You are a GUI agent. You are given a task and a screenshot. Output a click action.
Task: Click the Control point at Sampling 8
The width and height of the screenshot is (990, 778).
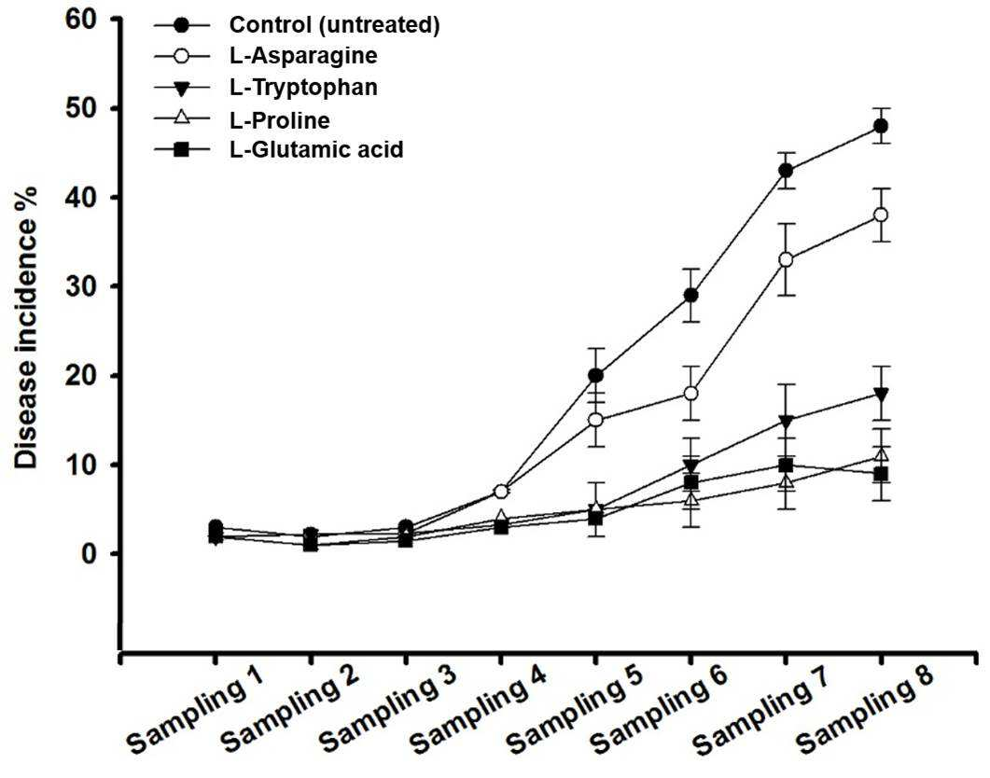click(x=881, y=126)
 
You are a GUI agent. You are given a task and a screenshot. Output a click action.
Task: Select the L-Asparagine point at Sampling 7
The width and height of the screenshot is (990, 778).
click(x=786, y=259)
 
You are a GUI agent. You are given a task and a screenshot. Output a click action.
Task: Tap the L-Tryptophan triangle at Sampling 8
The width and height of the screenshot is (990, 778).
click(x=881, y=395)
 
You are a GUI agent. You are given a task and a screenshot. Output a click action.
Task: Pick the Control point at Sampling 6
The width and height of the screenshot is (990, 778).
click(x=691, y=296)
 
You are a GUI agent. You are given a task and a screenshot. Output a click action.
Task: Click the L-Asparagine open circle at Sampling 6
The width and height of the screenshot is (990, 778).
click(x=691, y=393)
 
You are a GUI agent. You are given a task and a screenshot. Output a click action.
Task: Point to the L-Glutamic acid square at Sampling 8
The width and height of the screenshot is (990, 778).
click(x=881, y=474)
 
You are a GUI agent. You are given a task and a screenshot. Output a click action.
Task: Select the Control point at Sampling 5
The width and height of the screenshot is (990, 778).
click(x=595, y=375)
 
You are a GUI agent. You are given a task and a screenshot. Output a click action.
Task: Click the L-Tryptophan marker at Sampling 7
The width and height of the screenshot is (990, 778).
click(x=786, y=421)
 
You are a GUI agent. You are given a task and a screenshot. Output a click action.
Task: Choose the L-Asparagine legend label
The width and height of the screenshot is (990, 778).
click(x=303, y=56)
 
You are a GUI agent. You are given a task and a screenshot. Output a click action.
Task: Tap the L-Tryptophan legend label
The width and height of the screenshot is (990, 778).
click(x=303, y=87)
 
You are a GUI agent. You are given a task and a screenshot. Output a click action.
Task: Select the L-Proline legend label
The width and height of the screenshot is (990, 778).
click(x=279, y=119)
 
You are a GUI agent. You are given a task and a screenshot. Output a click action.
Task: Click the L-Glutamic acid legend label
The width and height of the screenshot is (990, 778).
click(x=315, y=149)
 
